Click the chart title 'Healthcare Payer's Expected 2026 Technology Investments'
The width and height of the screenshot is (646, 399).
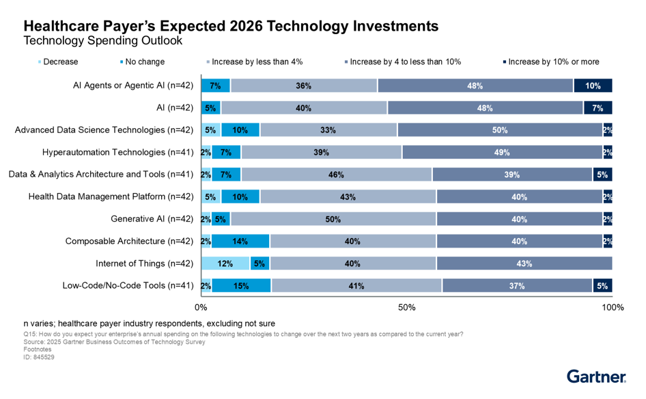(231, 26)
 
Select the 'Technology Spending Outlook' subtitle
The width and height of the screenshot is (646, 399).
(102, 41)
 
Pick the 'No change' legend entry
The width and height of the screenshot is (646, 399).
(143, 62)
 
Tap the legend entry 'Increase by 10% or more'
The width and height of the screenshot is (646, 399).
(553, 62)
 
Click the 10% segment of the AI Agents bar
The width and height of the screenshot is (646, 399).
(593, 86)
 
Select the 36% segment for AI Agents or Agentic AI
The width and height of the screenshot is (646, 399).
(304, 86)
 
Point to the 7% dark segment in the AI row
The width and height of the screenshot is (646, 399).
(598, 108)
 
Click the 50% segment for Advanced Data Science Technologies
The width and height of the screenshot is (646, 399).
(499, 130)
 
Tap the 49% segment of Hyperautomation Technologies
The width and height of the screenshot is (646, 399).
(502, 152)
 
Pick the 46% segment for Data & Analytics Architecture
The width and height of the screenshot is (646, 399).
(336, 175)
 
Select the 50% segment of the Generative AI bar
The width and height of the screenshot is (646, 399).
(333, 219)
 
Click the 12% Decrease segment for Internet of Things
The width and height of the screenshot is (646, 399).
(225, 263)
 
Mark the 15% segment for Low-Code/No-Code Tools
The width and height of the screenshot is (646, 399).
(240, 286)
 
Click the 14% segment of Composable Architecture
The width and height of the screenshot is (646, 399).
(240, 241)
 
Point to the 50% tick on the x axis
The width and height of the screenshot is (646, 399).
(407, 308)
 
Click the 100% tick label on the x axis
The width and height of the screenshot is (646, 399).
(612, 308)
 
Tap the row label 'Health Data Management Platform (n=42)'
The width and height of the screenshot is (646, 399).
(111, 197)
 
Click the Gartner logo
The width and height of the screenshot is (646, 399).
(596, 376)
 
